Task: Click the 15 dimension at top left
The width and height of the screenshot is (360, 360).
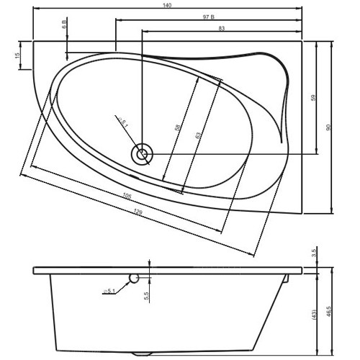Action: tap(17, 56)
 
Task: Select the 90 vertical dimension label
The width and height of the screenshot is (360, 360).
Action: tap(329, 127)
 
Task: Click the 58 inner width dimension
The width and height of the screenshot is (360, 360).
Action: tap(177, 127)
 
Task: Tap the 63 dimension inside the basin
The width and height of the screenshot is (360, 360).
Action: tap(197, 135)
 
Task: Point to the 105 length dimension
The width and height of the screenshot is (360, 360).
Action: tap(127, 196)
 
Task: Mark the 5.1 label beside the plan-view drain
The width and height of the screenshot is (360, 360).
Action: tap(124, 125)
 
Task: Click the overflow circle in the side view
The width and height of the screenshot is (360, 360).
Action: tap(134, 277)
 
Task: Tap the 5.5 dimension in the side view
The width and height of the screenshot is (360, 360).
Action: tap(146, 294)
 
